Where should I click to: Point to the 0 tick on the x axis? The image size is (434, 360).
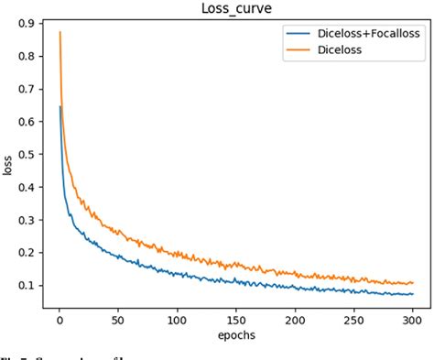pos(60,322)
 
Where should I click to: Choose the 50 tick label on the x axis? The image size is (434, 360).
pos(118,322)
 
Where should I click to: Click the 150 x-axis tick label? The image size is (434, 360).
pos(236,322)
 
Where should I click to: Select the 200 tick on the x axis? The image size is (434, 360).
pos(295,322)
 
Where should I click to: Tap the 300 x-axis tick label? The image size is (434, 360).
pos(412,322)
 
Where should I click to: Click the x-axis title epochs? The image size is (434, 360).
pos(237,336)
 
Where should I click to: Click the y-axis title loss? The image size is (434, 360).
pos(8,168)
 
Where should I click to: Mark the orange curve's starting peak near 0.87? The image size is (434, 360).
pos(60,33)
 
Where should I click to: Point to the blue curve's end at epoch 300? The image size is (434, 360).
pos(412,293)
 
